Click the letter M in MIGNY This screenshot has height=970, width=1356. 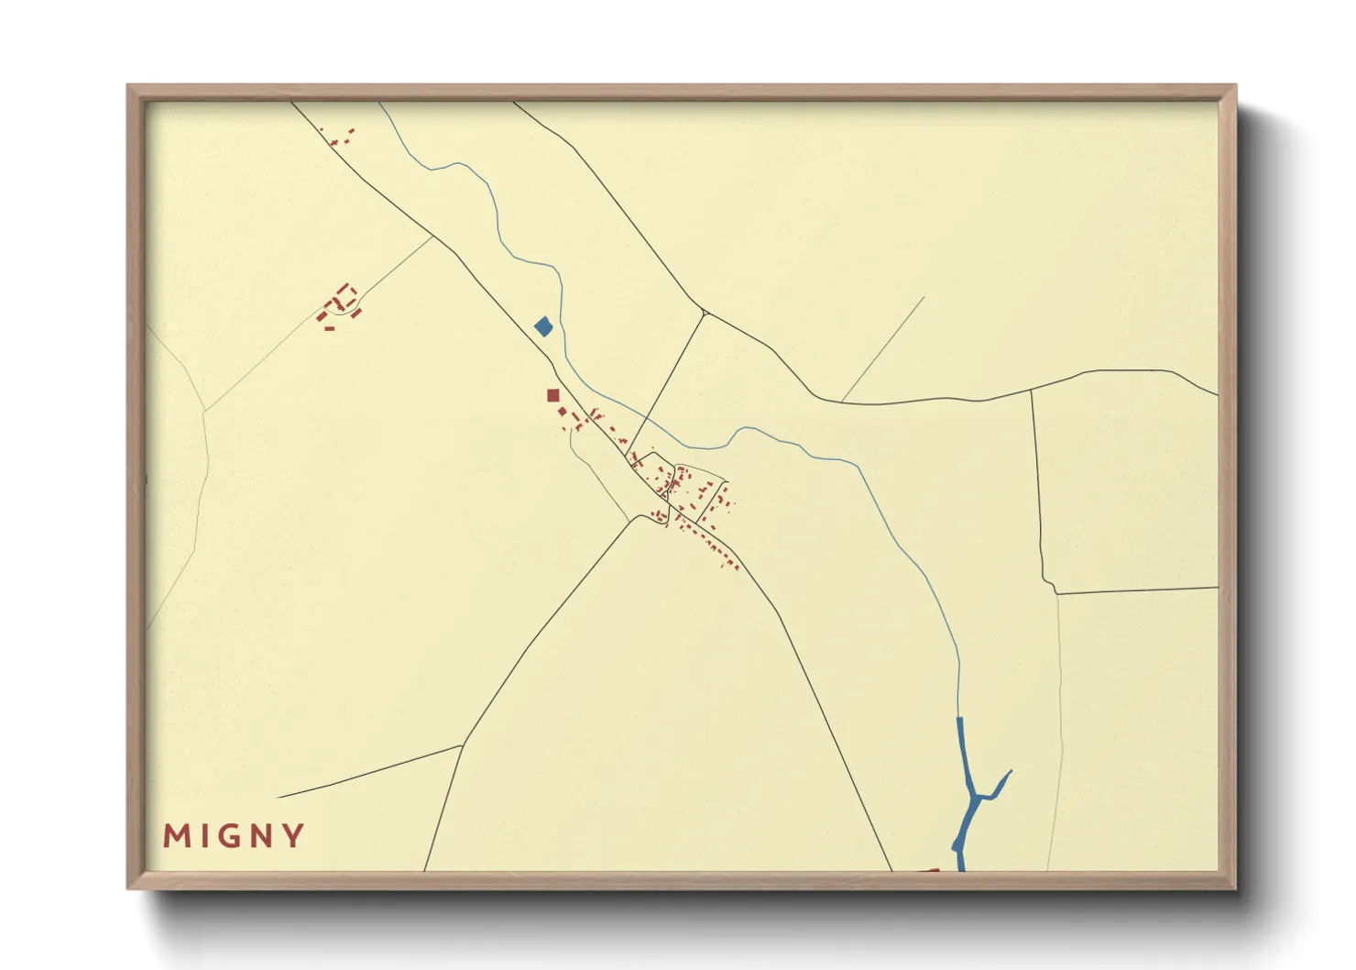coord(176,836)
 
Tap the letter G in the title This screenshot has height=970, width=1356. coord(231,836)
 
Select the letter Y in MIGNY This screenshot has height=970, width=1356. coord(294,836)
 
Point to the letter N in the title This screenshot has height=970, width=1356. coord(263,836)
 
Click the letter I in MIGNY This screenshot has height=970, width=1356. coord(204,836)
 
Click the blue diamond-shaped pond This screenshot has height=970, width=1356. coord(543,326)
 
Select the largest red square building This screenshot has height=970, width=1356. coord(552,396)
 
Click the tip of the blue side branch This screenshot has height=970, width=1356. coord(1011,771)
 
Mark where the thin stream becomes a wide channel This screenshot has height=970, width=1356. coord(959,719)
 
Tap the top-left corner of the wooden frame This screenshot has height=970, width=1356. coord(128,85)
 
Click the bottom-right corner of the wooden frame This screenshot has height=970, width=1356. coord(1235,888)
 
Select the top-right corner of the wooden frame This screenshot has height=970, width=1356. coord(1235,85)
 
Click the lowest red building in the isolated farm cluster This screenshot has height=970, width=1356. coord(329,327)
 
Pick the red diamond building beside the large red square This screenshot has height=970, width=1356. coord(563,413)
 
